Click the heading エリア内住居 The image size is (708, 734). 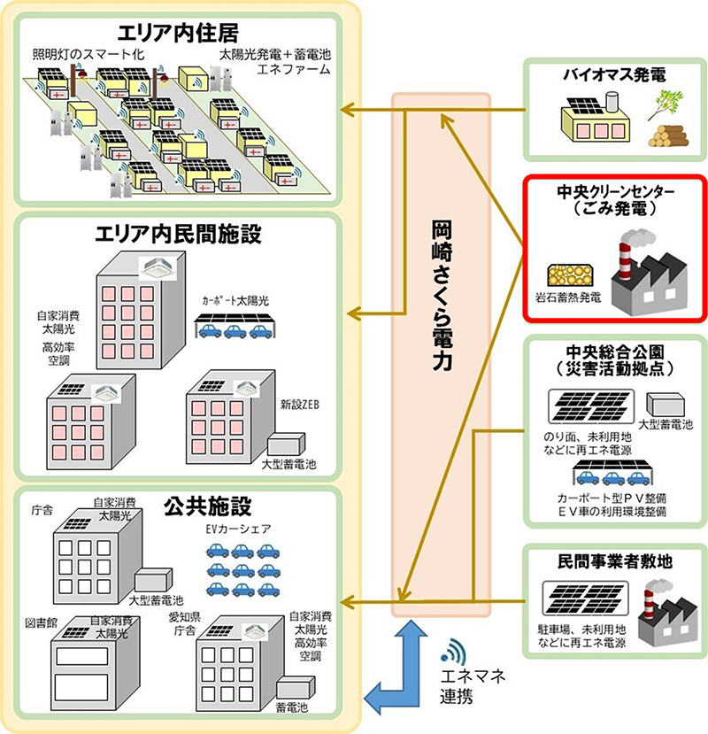pyautogui.click(x=183, y=36)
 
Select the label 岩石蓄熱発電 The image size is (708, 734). pyautogui.click(x=567, y=297)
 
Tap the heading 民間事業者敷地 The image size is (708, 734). pyautogui.click(x=614, y=560)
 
